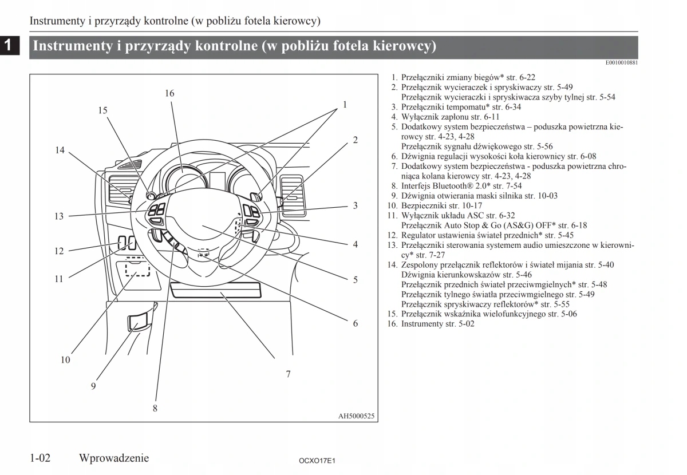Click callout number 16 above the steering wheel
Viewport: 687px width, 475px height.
[169, 93]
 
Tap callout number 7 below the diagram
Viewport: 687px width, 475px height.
[288, 374]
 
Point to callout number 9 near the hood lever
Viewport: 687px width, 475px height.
[93, 386]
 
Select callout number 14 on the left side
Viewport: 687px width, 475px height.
[60, 151]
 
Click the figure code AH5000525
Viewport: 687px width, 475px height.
[356, 416]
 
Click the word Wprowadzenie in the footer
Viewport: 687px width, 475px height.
[114, 458]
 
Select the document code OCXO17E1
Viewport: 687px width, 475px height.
[317, 460]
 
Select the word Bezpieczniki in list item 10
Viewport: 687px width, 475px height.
[422, 205]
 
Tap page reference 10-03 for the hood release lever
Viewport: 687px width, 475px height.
[546, 196]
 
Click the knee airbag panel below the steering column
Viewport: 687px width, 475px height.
[215, 291]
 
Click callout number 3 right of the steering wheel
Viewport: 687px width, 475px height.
[355, 205]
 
